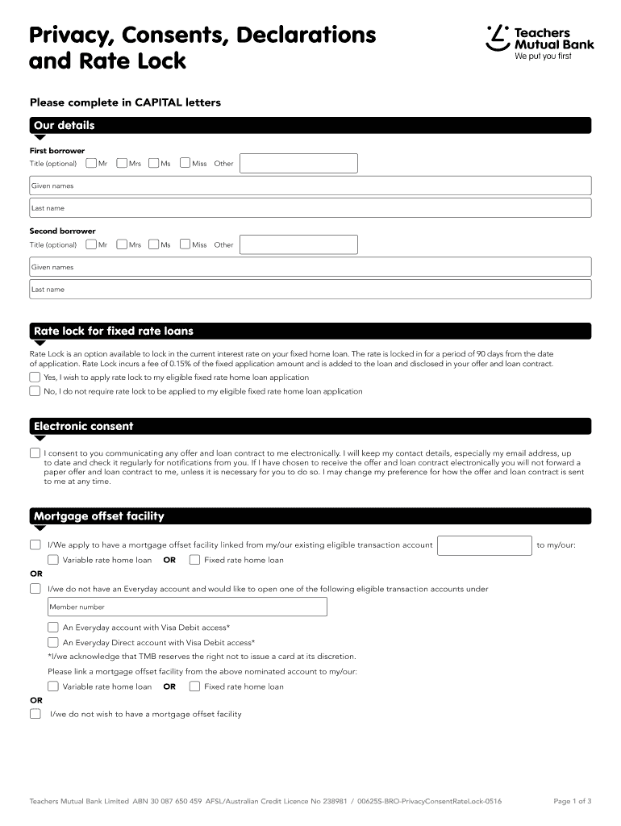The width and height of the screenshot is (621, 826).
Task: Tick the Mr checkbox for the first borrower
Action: pos(91,164)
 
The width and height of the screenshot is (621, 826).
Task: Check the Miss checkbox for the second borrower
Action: pos(185,244)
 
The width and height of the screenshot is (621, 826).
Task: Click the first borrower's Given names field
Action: pos(310,186)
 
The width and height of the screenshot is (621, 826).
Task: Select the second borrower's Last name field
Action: pos(310,290)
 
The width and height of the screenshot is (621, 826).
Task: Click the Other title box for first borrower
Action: pos(298,164)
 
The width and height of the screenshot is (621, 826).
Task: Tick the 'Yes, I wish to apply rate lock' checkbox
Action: pos(35,377)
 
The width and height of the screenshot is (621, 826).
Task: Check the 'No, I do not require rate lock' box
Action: pos(35,391)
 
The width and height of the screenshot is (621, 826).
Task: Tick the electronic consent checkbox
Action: pos(35,453)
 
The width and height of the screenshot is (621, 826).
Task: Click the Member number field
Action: pos(187,607)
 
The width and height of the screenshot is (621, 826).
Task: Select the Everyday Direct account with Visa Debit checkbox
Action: pos(53,643)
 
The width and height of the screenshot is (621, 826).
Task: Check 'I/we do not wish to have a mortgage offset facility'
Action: pos(35,714)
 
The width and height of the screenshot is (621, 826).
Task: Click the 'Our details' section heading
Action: pos(65,125)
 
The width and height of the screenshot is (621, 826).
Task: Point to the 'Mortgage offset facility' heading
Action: pos(98,516)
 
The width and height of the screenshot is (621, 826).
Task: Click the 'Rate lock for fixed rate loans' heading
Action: pos(113,332)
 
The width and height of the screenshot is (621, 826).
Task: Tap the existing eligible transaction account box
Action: pos(484,545)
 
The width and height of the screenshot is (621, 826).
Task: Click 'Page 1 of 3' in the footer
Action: pos(572,801)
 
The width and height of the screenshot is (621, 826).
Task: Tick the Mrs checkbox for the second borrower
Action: pos(122,244)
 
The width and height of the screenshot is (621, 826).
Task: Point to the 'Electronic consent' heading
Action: pos(83,426)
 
